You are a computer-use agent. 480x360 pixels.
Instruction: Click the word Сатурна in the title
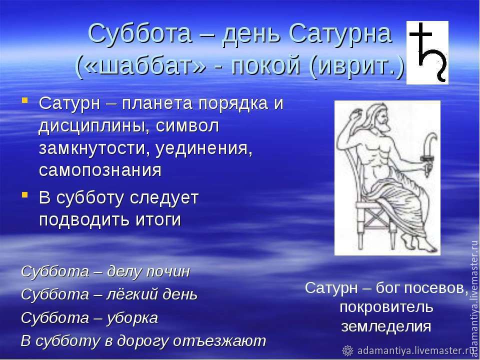pyautogui.click(x=340, y=33)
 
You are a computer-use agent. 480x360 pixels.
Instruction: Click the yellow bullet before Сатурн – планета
pyautogui.click(x=25, y=100)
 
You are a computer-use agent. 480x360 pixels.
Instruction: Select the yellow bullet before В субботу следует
pyautogui.click(x=25, y=194)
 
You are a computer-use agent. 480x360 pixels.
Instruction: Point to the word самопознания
pyautogui.click(x=100, y=170)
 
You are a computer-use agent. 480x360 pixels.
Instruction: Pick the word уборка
pyautogui.click(x=132, y=318)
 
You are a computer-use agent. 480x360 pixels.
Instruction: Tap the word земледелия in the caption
pyautogui.click(x=386, y=326)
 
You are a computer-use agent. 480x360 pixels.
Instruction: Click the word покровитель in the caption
pyautogui.click(x=386, y=307)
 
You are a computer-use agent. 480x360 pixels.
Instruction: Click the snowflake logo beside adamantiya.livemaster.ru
pyautogui.click(x=347, y=350)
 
